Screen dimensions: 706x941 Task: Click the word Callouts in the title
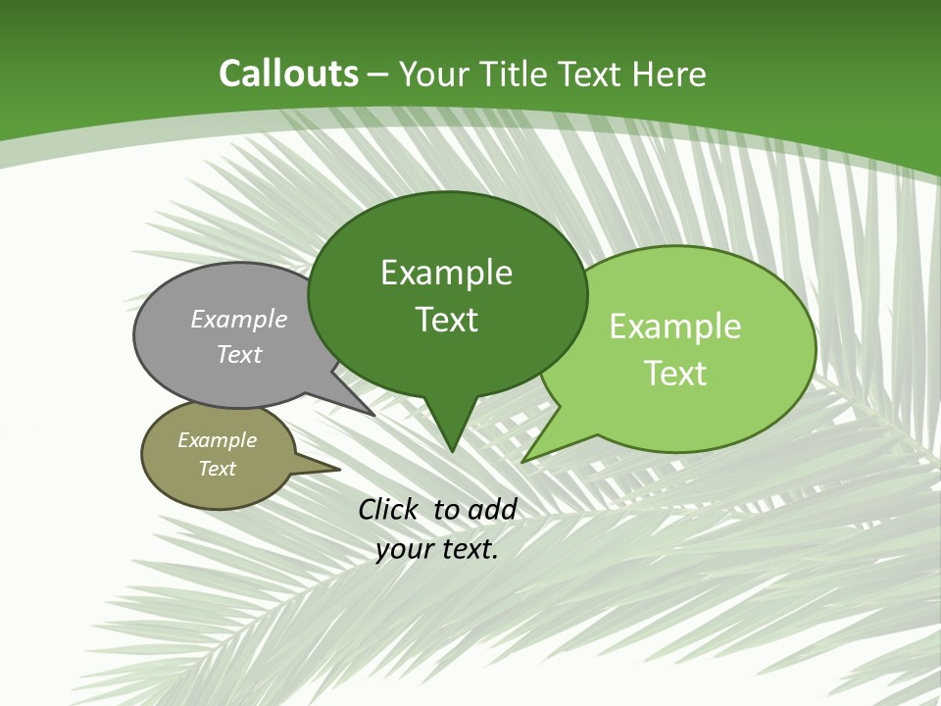(289, 74)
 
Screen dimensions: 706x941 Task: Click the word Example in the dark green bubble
(446, 273)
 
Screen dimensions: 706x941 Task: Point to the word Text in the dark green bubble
(446, 320)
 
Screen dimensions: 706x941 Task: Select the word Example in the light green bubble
(675, 327)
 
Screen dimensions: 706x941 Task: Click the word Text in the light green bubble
(675, 374)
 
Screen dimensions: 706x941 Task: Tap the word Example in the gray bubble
(239, 319)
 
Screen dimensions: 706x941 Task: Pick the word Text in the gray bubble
(239, 354)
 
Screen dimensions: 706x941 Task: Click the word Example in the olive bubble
(217, 440)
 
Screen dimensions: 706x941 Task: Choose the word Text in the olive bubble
(217, 469)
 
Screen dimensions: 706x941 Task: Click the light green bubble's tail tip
(524, 460)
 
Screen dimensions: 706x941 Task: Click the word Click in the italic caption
(390, 509)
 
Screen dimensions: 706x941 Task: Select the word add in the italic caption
(492, 509)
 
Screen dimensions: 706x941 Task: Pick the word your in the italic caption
(404, 549)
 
